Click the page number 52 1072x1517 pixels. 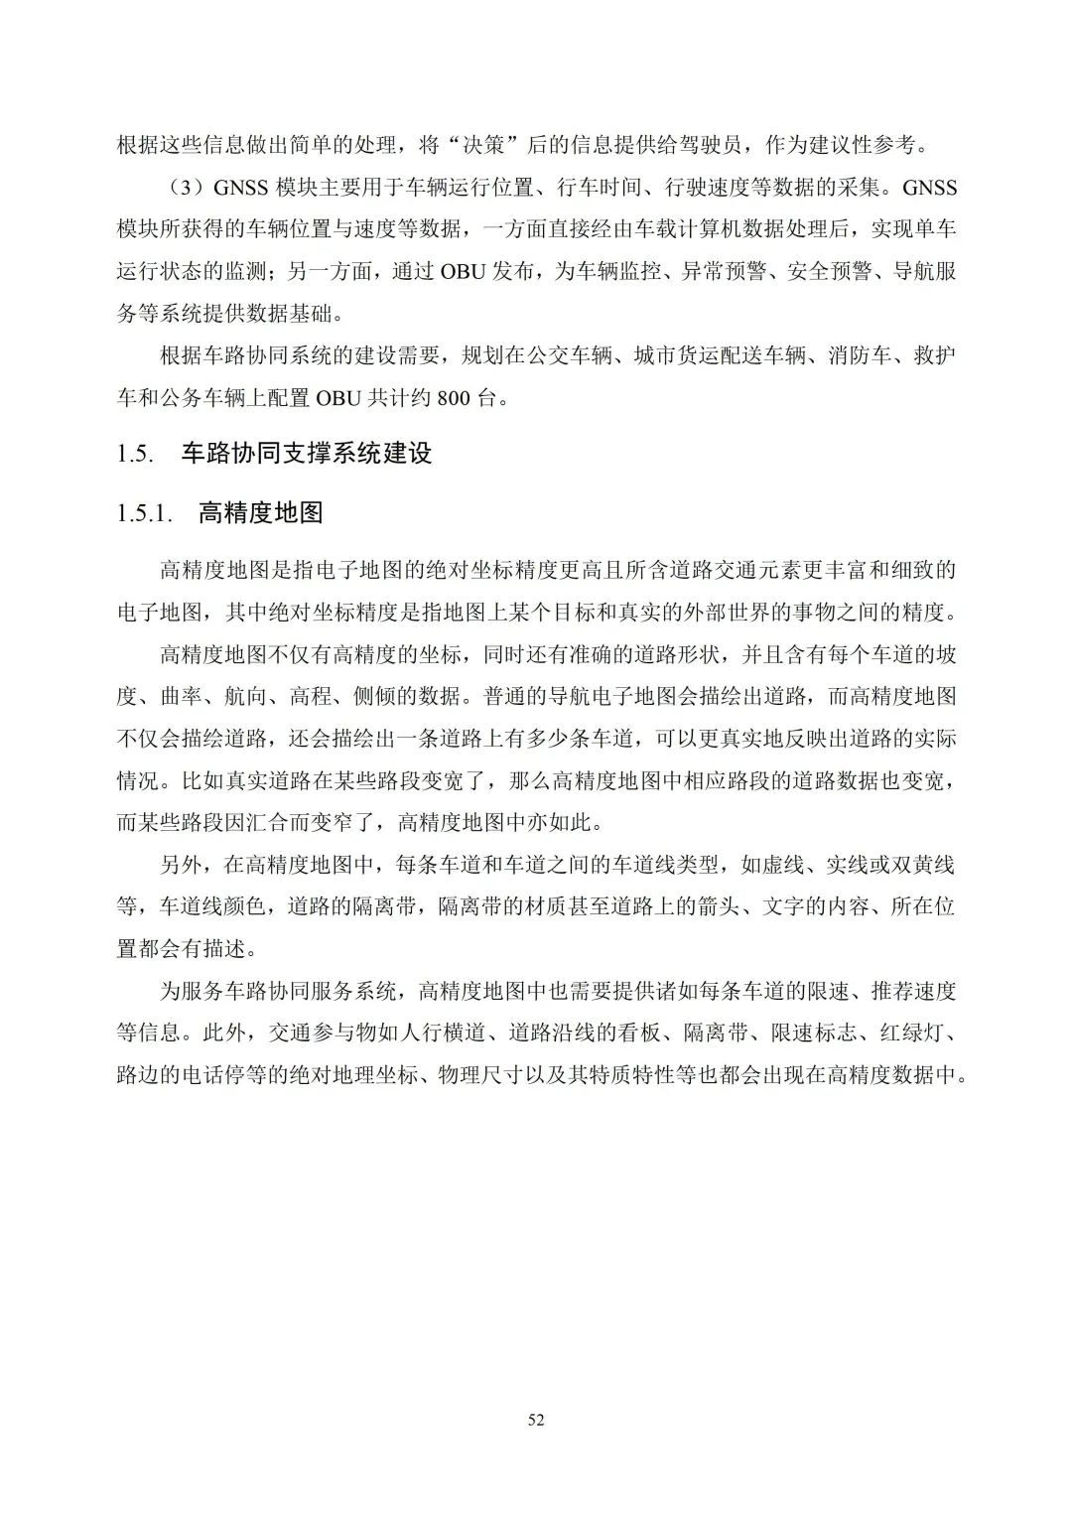536,1420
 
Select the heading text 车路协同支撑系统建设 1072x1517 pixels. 307,454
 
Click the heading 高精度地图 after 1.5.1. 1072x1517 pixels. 261,513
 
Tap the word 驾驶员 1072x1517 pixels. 709,146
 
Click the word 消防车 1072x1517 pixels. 859,355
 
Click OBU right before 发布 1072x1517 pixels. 462,271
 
